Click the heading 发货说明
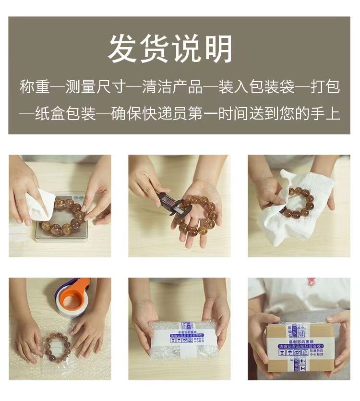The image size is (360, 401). [x=170, y=49]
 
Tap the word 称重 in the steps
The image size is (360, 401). [x=35, y=87]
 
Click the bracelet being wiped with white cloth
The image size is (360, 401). [x=300, y=202]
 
